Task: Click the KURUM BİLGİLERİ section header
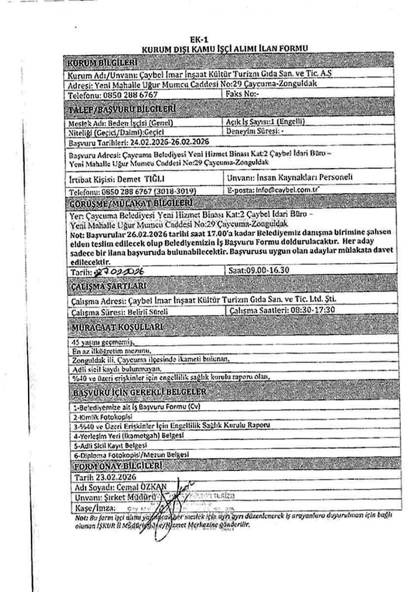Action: click(x=102, y=63)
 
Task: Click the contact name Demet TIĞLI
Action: click(x=142, y=178)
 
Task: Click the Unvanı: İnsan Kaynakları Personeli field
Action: click(x=290, y=177)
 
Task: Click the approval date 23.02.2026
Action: click(x=114, y=477)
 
